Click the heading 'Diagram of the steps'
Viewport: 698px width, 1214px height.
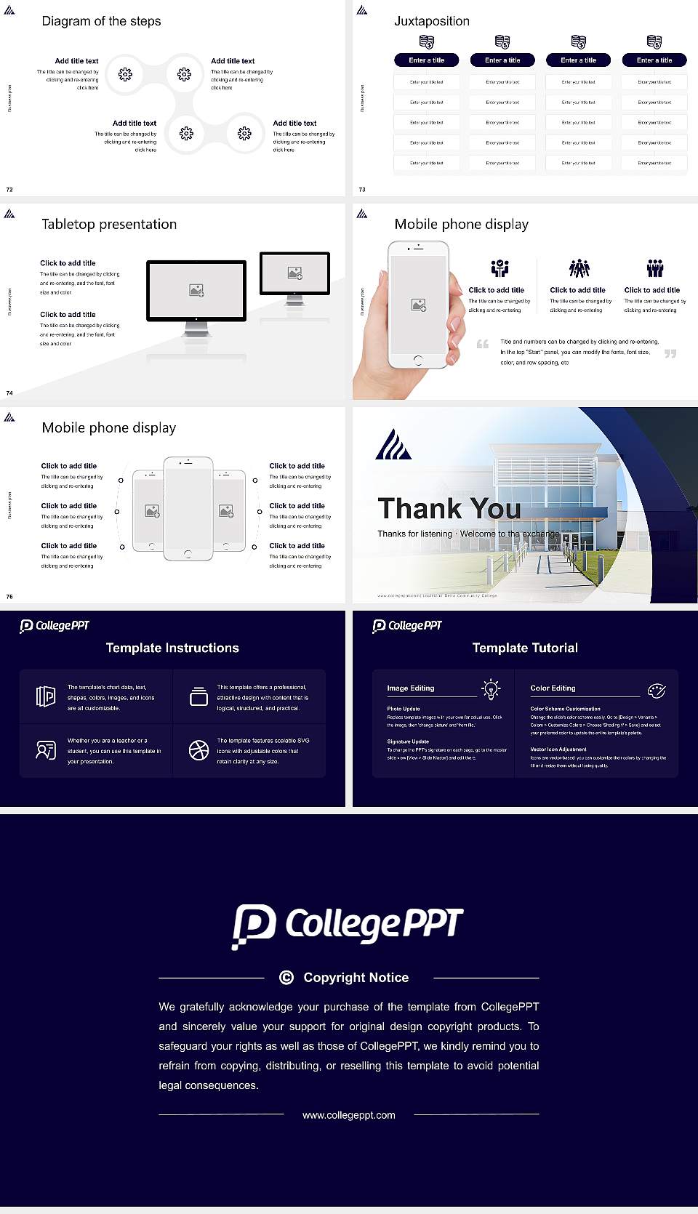(101, 21)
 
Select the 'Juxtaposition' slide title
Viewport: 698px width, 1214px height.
(431, 21)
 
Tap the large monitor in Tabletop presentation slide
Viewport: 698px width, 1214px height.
(196, 291)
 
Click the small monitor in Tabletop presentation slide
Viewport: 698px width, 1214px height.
(294, 273)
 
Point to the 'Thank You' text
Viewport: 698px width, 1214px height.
(449, 509)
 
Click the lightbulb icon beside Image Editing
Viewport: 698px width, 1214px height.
(491, 689)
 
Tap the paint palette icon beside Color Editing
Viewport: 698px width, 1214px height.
(657, 690)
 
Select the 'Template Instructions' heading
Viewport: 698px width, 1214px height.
(172, 648)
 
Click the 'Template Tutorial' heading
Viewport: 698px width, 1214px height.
(525, 648)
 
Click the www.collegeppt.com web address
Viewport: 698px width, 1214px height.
(349, 1115)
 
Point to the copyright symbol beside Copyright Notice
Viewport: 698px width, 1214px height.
(286, 978)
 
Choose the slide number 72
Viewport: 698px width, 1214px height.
(9, 190)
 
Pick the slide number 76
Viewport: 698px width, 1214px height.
(9, 597)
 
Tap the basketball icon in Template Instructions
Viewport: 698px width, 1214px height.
(198, 750)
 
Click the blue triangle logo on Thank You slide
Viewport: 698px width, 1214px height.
(393, 445)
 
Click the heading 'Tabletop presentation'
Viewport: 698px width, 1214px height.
(109, 225)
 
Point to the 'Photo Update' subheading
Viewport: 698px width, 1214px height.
(404, 709)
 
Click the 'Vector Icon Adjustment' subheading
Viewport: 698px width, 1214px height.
(558, 749)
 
